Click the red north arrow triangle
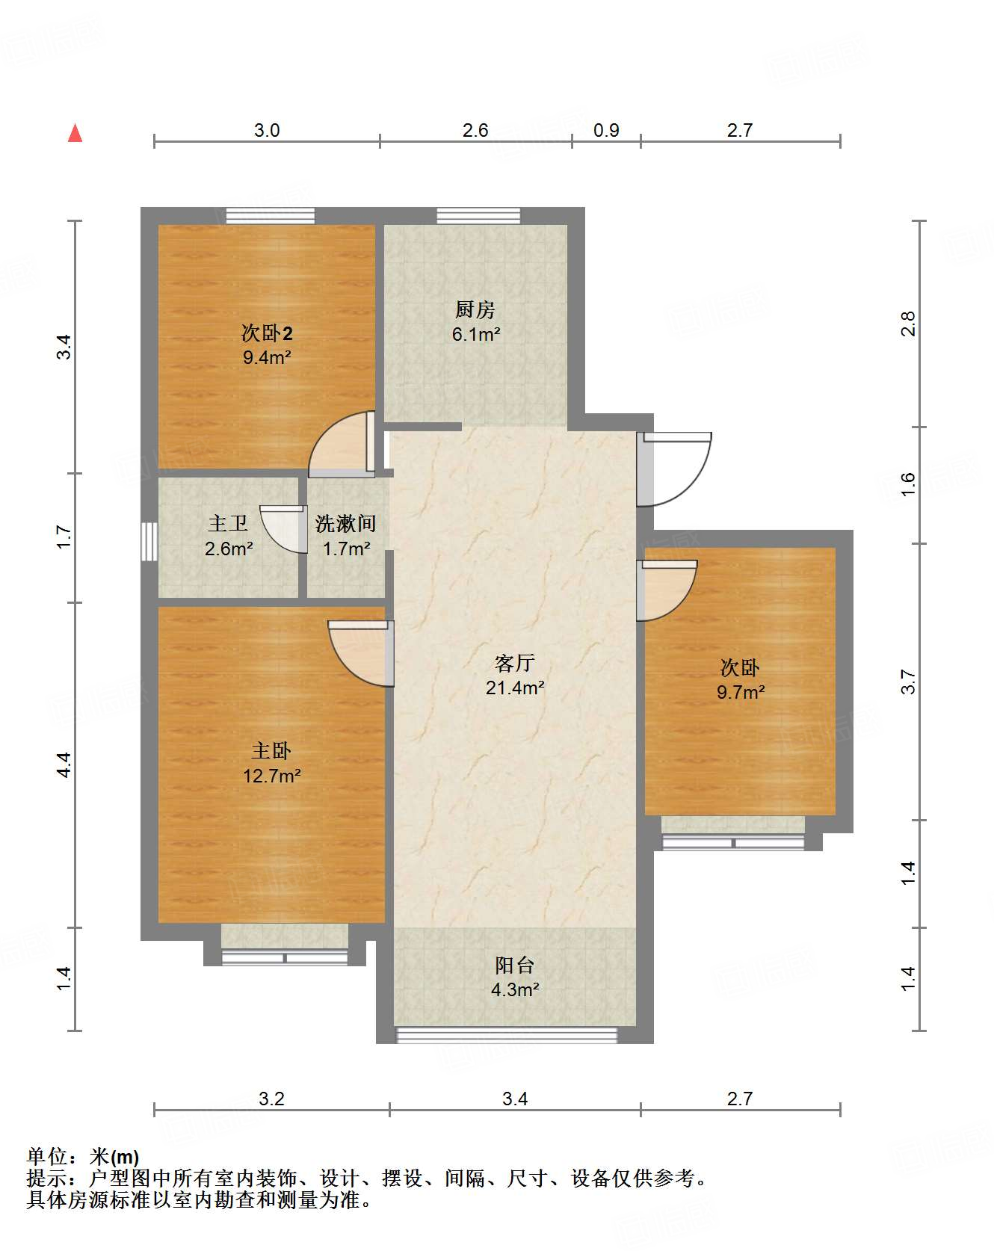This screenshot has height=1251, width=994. point(75,133)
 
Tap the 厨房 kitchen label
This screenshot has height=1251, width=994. point(475,309)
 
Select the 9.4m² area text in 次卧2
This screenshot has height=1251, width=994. point(267,357)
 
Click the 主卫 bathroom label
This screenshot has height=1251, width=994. point(228,523)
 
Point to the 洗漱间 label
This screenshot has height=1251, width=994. point(345,523)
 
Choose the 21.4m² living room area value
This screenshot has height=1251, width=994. point(515,688)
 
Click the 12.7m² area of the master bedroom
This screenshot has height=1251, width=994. point(271,776)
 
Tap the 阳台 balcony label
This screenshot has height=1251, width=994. point(515,965)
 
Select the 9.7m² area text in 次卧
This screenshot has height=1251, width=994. point(741,692)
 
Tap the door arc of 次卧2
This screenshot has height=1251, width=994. point(342,445)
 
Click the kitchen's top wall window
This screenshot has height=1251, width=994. point(478,216)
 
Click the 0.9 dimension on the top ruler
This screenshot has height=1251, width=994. point(606,130)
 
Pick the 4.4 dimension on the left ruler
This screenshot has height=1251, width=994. point(64,764)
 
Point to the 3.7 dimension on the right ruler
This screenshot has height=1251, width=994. point(908,682)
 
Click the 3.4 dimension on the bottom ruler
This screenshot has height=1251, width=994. point(515,1099)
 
